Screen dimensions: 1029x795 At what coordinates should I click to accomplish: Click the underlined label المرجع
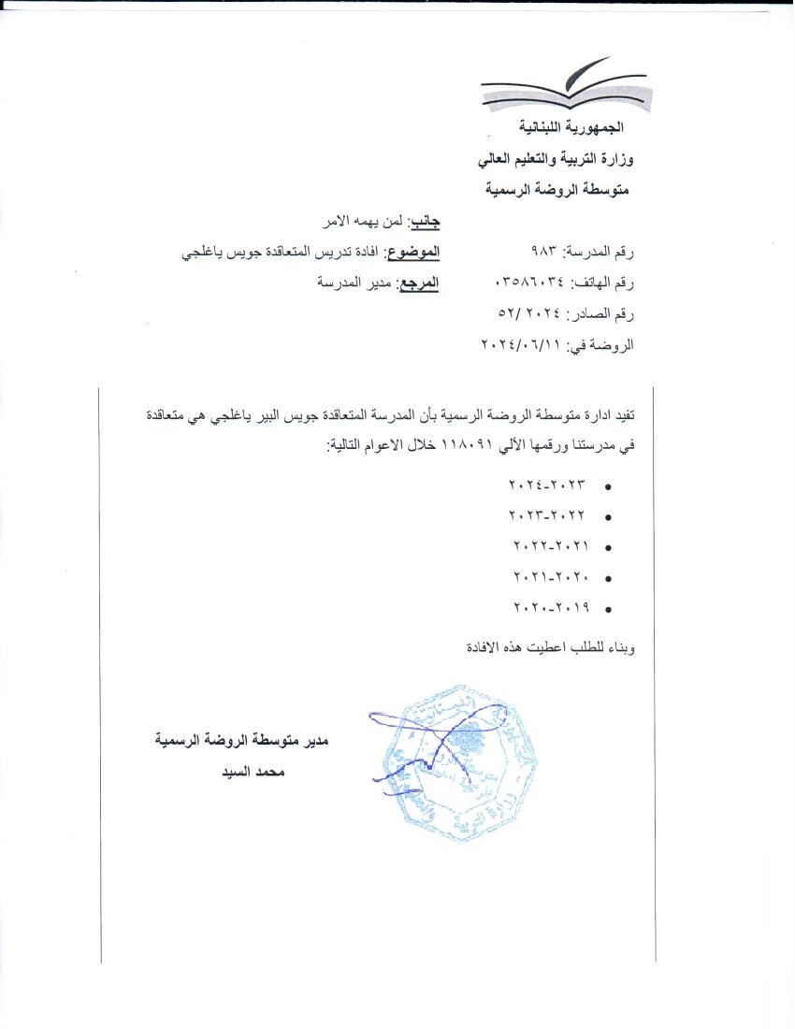418,283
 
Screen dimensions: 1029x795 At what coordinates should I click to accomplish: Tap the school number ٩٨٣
543,253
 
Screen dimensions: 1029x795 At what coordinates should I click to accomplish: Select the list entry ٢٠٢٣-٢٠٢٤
547,486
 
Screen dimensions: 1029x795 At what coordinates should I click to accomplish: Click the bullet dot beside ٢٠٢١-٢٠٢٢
609,547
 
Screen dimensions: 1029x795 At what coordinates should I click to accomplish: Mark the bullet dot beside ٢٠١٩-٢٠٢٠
609,609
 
